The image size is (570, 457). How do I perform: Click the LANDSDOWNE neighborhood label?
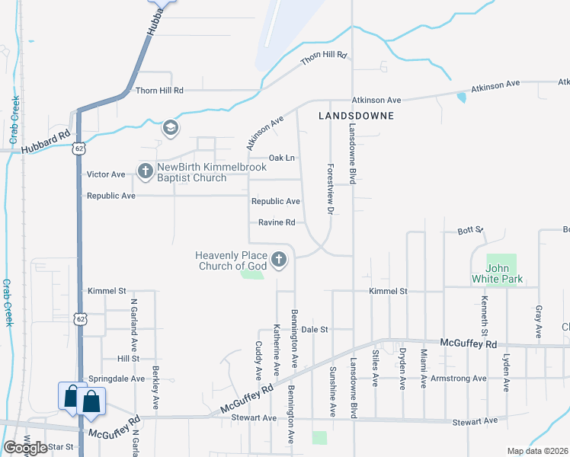pos(356,116)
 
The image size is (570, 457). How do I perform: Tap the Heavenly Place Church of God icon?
pos(280,260)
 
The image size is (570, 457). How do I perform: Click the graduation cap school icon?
pos(169,128)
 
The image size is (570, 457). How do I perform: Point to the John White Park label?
pos(501,274)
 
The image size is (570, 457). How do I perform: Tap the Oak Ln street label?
pos(281,158)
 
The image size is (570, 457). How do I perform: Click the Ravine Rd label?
pos(277,223)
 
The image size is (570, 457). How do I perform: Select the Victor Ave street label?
pos(106,174)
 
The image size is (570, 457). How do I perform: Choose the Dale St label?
pos(314,330)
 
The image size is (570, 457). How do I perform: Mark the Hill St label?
pos(128,358)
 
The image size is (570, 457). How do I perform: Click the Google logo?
pos(24,448)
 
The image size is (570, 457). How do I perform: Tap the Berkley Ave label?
pos(155,388)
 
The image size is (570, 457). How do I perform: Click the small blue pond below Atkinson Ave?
pos(462,97)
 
